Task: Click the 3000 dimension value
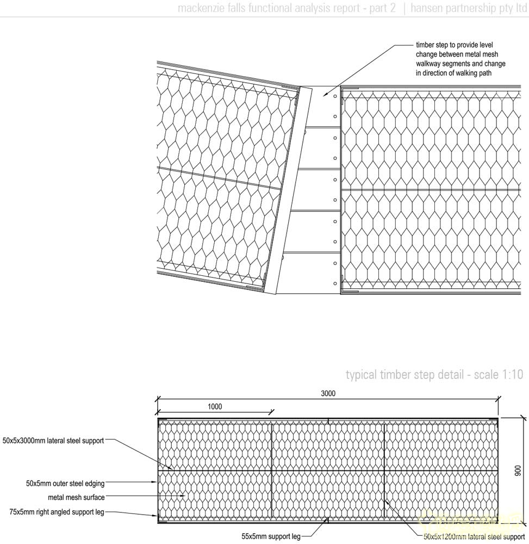pos(328,394)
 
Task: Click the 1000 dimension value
pos(214,406)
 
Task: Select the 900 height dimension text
pos(518,470)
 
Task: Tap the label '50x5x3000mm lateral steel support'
pos(53,441)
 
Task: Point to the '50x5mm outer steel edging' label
pos(65,483)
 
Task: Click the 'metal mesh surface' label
pos(76,497)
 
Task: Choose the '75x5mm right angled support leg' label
pos(57,512)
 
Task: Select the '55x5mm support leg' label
pos(271,537)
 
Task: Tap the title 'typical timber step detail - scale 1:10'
pos(434,374)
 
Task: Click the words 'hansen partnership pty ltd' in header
pos(469,8)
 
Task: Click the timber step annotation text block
pos(460,59)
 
